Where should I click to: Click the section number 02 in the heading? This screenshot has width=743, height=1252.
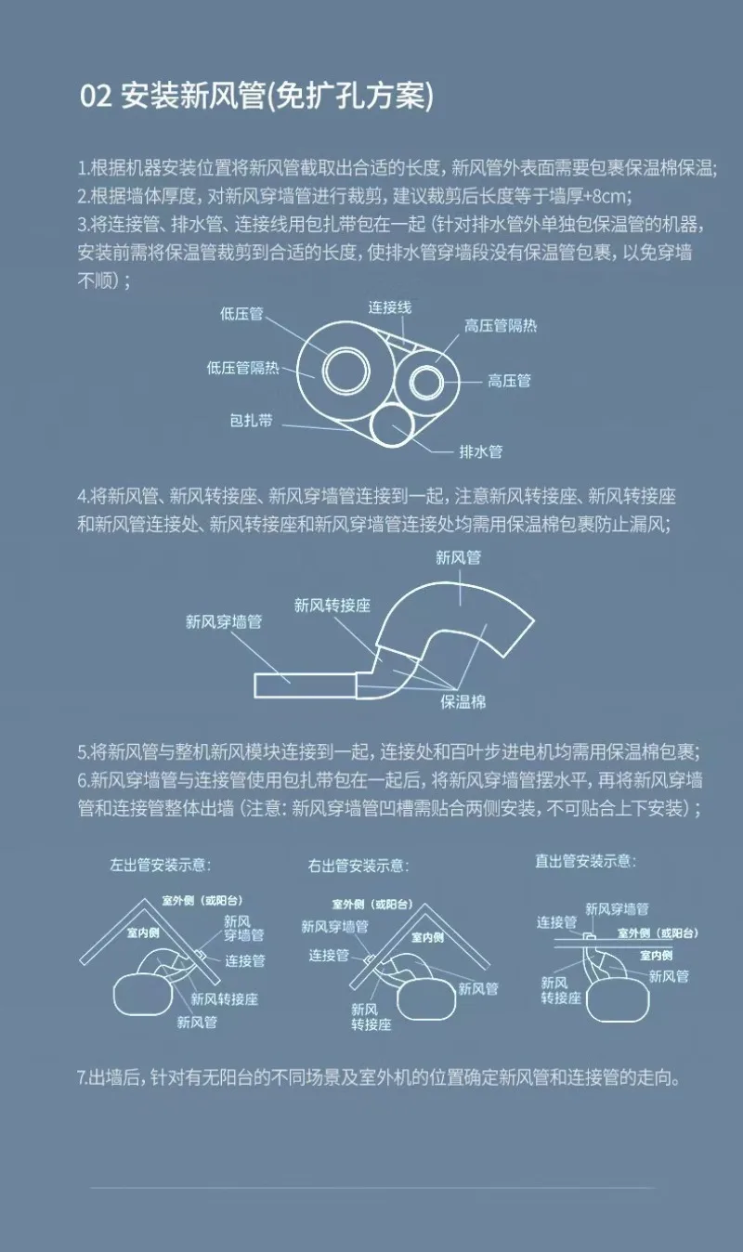96,97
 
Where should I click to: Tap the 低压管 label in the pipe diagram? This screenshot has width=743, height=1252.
241,314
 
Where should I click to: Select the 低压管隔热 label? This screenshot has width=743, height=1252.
242,368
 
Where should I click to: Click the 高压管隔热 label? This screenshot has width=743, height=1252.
501,326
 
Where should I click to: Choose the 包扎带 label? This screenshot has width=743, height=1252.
251,420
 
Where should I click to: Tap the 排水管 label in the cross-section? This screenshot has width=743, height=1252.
481,451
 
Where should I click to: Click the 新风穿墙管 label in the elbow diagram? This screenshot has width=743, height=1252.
223,621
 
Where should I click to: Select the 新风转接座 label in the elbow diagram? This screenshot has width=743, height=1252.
332,606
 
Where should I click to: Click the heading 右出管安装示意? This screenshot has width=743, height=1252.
358,866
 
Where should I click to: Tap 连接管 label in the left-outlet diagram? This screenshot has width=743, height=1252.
245,961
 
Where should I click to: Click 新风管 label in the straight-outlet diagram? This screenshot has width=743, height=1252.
669,976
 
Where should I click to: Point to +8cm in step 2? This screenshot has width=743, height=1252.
609,195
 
